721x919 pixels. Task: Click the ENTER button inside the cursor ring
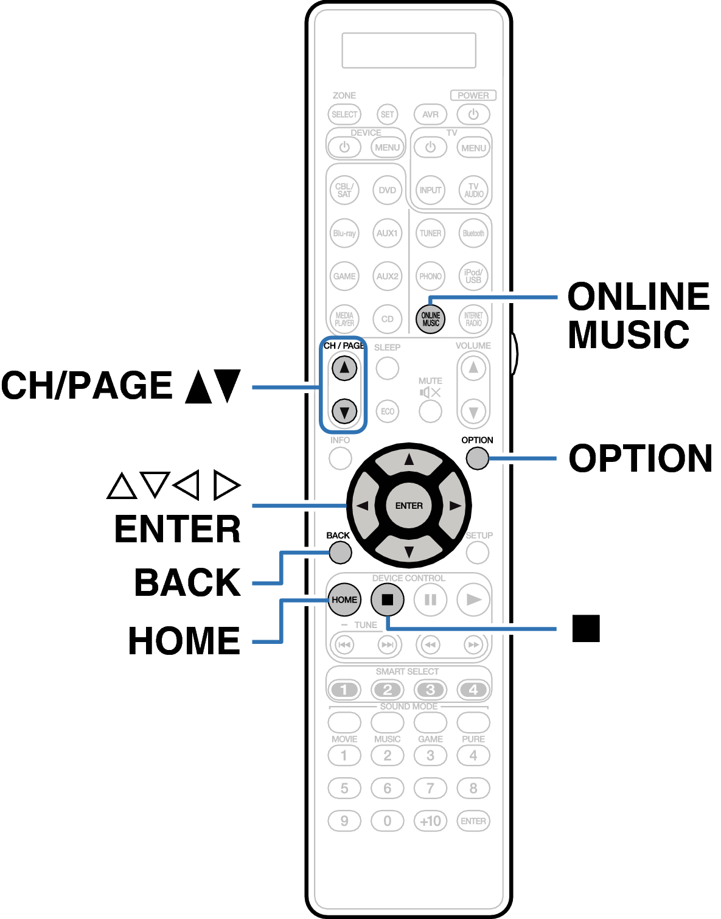click(408, 505)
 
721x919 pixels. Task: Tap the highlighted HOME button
click(344, 599)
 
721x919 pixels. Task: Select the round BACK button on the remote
click(340, 553)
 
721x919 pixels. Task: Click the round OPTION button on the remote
click(477, 458)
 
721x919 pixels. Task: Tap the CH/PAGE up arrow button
click(344, 368)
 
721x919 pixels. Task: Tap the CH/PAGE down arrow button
click(344, 411)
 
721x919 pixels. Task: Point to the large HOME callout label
click(184, 640)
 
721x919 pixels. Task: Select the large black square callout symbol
click(586, 628)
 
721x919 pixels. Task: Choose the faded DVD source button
click(387, 190)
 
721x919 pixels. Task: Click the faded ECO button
click(388, 411)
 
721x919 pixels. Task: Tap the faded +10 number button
click(430, 821)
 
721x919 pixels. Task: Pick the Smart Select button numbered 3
click(430, 690)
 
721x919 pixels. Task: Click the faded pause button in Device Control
click(430, 599)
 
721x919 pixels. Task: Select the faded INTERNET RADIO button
click(473, 319)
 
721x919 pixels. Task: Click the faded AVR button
click(430, 114)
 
